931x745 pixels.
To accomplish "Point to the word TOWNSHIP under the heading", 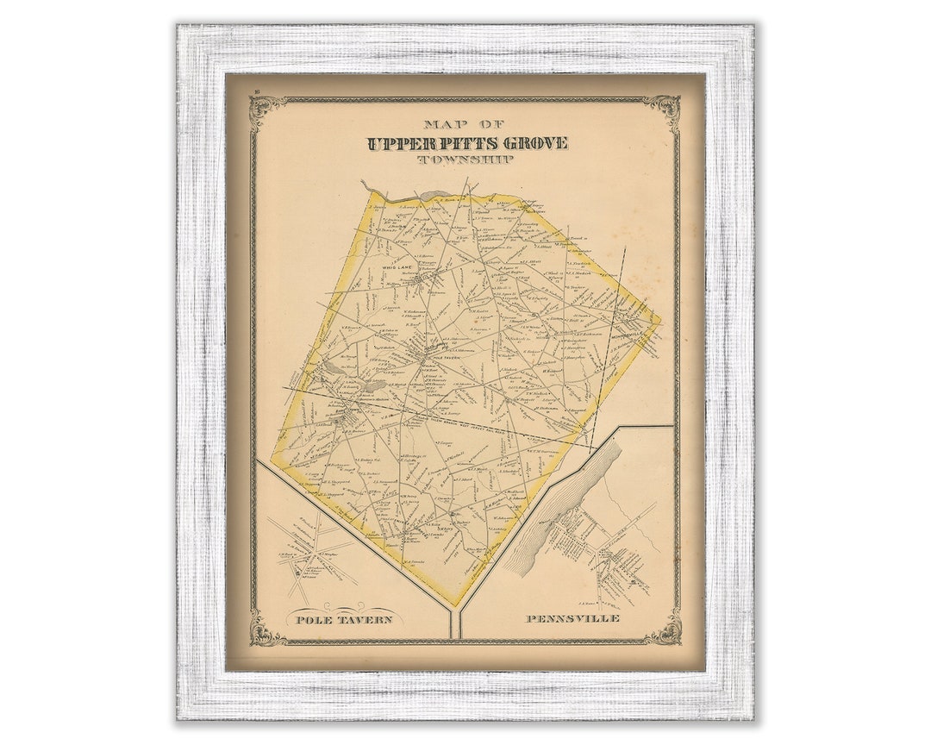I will [x=466, y=160].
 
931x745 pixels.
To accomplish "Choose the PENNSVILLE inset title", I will [x=571, y=619].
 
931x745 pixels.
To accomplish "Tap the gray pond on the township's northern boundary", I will [x=434, y=196].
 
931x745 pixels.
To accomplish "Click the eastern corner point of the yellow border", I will [x=660, y=321].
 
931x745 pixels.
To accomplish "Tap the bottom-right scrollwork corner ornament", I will [x=665, y=631].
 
